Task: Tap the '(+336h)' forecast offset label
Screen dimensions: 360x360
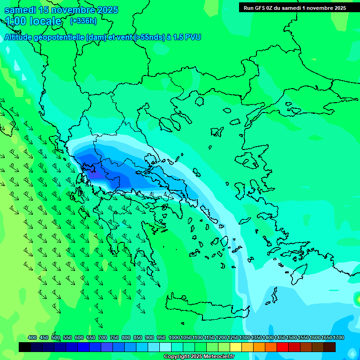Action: (x=83, y=21)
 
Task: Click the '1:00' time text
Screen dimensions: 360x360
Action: (x=16, y=21)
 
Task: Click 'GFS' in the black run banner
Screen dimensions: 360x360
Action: (x=266, y=8)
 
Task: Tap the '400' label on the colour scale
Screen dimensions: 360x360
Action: (x=32, y=337)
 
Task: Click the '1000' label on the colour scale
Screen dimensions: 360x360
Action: (x=174, y=337)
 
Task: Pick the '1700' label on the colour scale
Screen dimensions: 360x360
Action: (x=338, y=337)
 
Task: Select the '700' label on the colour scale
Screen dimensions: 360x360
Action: (x=103, y=337)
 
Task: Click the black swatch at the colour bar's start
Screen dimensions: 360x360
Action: (x=25, y=347)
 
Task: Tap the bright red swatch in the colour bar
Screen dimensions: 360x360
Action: (x=283, y=347)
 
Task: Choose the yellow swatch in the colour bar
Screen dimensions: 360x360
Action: (x=236, y=347)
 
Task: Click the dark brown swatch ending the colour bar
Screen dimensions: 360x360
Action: (x=330, y=347)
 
